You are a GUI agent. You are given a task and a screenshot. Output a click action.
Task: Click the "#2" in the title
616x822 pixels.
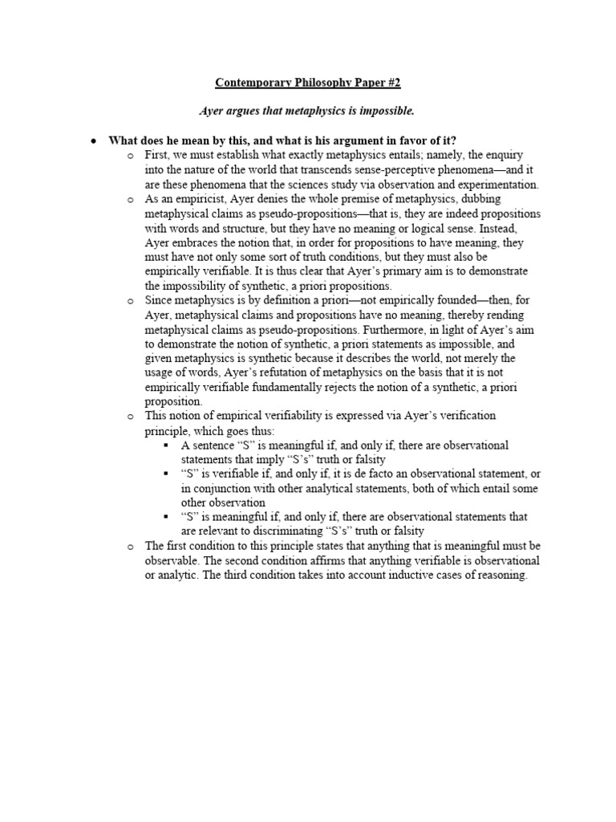390,82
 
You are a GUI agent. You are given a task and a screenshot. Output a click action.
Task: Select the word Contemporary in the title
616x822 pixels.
254,82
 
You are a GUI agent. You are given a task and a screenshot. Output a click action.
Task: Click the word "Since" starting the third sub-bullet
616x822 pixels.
160,301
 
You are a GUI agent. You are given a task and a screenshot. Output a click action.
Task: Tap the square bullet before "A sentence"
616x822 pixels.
165,446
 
